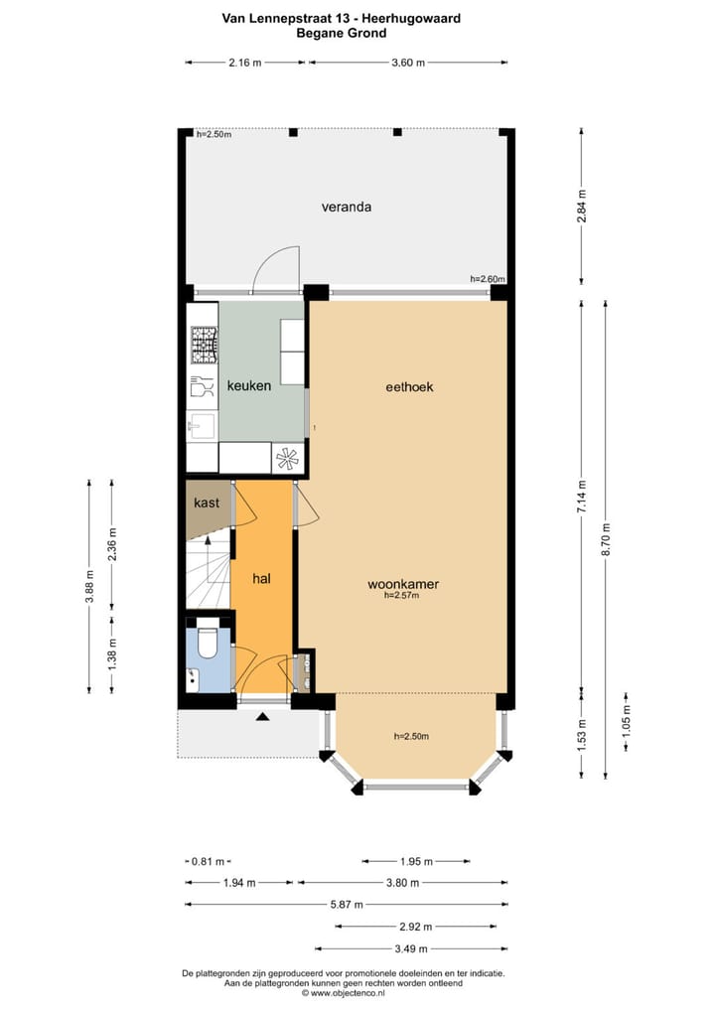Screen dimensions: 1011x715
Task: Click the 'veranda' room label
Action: pyautogui.click(x=346, y=208)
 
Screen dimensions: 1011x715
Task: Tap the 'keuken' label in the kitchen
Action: pyautogui.click(x=248, y=385)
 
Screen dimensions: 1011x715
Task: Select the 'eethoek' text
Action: pyautogui.click(x=409, y=387)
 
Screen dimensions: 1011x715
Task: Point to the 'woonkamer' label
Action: pyautogui.click(x=402, y=585)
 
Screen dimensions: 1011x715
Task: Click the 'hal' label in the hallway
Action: pyautogui.click(x=262, y=578)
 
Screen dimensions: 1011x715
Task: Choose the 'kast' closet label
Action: pyautogui.click(x=207, y=503)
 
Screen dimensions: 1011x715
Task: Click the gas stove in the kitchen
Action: pyautogui.click(x=204, y=346)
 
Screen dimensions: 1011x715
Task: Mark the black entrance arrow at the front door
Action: pyautogui.click(x=262, y=716)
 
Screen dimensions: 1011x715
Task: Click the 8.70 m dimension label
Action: pyautogui.click(x=606, y=542)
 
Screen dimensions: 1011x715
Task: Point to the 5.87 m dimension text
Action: pyautogui.click(x=346, y=905)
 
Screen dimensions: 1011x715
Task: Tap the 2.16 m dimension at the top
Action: pyautogui.click(x=245, y=63)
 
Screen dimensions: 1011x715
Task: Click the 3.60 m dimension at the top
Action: pyautogui.click(x=408, y=63)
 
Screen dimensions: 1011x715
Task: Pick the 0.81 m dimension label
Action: pyautogui.click(x=210, y=861)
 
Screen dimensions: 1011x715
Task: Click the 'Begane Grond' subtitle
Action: pyautogui.click(x=341, y=33)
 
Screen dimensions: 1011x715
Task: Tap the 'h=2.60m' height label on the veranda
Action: pyautogui.click(x=488, y=279)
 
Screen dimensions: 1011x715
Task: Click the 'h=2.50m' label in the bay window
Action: pyautogui.click(x=411, y=736)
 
